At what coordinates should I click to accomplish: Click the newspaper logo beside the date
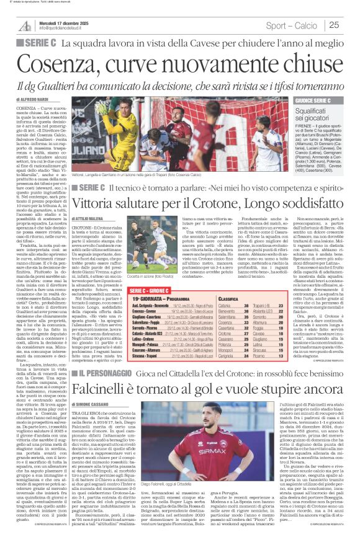(25, 25)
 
